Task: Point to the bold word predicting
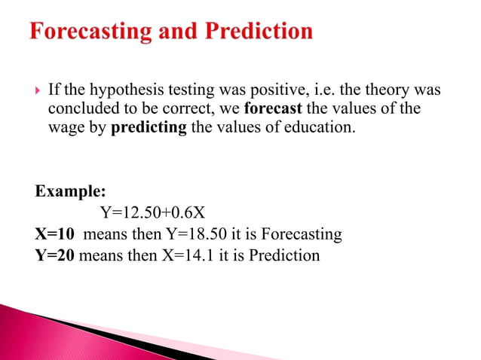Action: [x=149, y=127]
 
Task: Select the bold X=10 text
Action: [x=54, y=234]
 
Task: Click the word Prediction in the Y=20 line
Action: [x=284, y=255]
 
